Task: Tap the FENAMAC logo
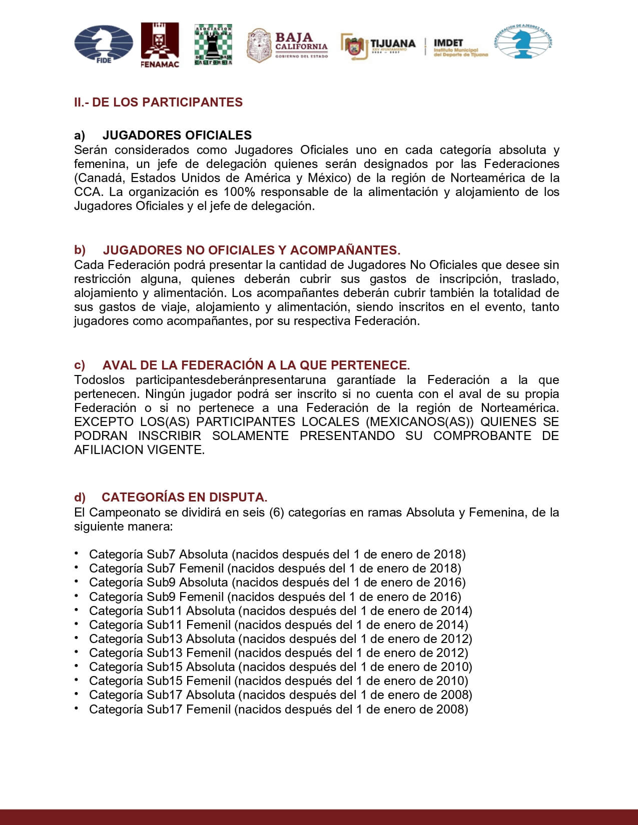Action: (x=160, y=45)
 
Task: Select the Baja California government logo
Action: (x=288, y=45)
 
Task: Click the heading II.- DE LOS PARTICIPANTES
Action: (x=158, y=102)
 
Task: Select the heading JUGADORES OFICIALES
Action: (x=177, y=135)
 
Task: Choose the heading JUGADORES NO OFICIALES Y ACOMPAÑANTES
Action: (x=251, y=250)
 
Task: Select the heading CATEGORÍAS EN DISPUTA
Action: (x=184, y=497)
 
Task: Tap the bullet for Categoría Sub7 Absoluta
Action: (x=77, y=553)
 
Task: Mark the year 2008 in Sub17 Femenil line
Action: (x=452, y=709)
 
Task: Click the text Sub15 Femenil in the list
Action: (x=188, y=681)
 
